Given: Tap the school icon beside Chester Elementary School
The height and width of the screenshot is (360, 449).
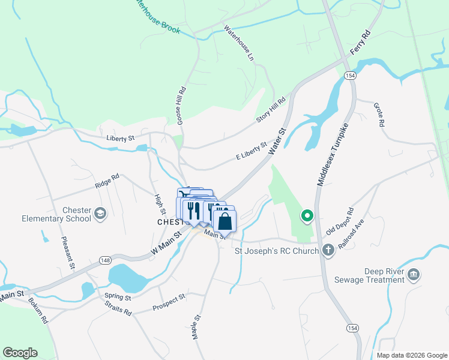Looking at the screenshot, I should coord(100,214).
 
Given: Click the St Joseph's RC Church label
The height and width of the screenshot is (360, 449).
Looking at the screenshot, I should coord(276,250).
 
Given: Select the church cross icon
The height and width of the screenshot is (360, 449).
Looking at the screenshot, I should coord(328,250).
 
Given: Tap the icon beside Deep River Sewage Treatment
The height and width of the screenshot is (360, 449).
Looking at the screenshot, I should coord(413,275).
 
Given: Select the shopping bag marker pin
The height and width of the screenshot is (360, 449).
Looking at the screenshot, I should coord(224,221).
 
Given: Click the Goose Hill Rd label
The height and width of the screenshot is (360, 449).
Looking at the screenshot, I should coord(181,106).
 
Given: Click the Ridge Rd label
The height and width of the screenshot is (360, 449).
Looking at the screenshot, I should coord(107,181).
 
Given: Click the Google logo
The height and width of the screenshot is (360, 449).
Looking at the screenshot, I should coord(20,353).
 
